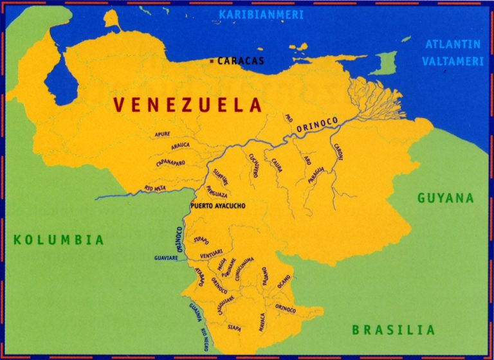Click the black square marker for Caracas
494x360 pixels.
coord(213,61)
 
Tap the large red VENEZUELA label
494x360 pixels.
coord(187,105)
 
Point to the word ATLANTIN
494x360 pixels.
coord(452,44)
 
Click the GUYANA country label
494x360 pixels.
coord(445,198)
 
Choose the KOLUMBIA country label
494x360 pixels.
coord(59,240)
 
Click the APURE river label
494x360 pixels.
coord(162,134)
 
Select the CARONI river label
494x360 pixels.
coord(338,152)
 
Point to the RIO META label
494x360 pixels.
coord(156,188)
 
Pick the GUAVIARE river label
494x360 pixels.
coord(166,257)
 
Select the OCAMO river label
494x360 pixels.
coord(284,280)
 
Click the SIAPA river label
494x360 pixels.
coord(234,328)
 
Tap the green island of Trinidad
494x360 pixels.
coord(386,63)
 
